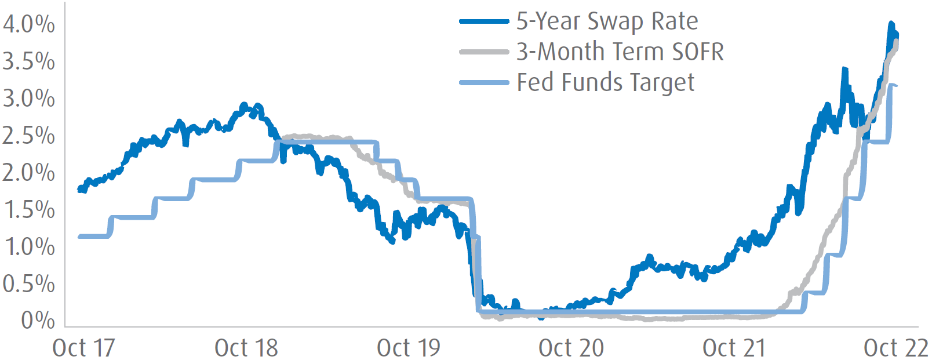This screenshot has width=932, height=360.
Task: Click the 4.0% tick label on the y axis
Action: tap(29, 24)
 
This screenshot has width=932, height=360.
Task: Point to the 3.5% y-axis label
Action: tap(29, 61)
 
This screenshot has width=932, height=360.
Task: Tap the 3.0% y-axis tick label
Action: tap(29, 99)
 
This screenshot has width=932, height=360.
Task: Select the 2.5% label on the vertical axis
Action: tap(29, 136)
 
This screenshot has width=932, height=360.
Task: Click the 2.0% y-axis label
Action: tap(29, 173)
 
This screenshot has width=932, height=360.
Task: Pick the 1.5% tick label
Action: tap(29, 210)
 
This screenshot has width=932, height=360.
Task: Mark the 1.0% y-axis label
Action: tap(29, 247)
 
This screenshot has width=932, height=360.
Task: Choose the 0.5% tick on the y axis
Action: tap(29, 284)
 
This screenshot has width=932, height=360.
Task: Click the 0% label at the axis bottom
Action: tap(38, 321)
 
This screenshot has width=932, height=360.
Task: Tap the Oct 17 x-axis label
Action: tap(83, 348)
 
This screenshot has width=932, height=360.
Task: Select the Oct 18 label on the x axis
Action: tap(246, 348)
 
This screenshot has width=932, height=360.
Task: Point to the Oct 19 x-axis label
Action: tap(409, 348)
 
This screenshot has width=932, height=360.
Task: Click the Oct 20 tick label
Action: tap(571, 348)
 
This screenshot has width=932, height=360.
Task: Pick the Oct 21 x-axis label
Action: tap(734, 348)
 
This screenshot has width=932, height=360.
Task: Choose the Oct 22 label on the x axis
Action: tap(896, 348)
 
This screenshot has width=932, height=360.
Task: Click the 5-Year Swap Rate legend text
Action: tap(607, 21)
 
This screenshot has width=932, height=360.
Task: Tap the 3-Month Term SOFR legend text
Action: tap(620, 52)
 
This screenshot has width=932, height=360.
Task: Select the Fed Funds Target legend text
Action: tap(605, 83)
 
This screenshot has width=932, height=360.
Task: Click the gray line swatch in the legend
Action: tap(484, 52)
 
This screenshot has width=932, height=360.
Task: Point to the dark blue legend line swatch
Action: tap(484, 22)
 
